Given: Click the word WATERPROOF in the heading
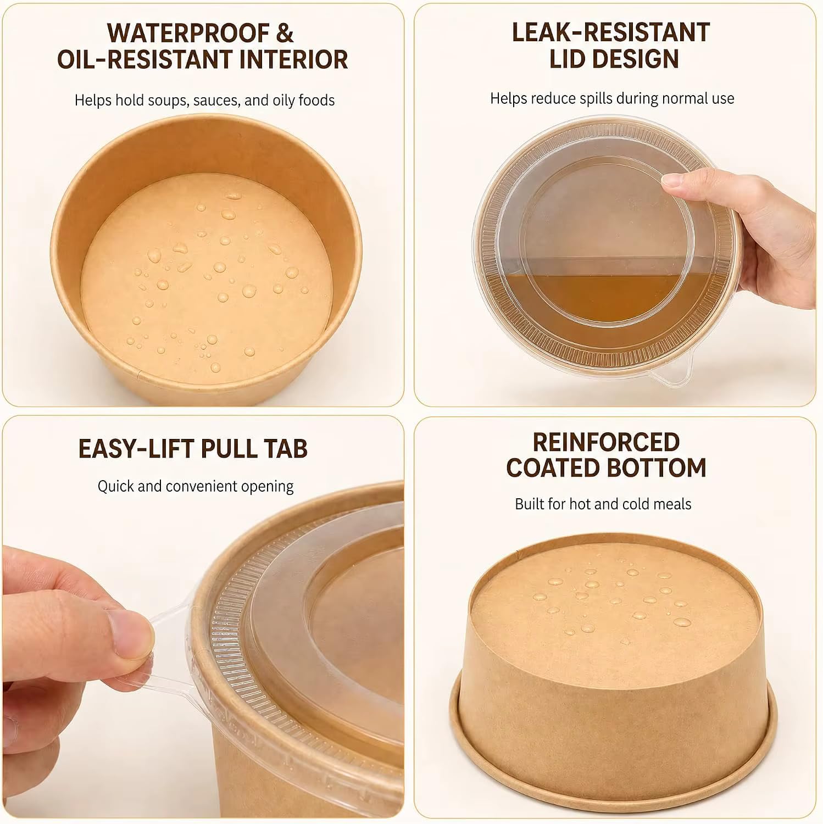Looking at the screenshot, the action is coord(188,33).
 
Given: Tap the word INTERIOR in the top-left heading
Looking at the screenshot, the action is coord(287,59).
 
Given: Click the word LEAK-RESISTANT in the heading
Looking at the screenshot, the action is coord(611,32).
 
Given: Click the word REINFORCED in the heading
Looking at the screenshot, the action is coord(606,442).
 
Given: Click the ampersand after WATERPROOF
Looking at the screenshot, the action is coord(285,33).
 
